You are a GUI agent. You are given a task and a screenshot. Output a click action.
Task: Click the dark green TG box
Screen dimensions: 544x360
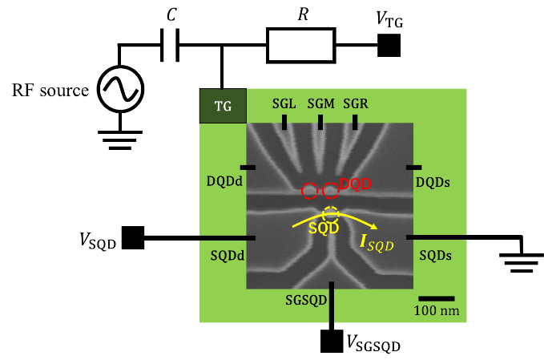pos(223,106)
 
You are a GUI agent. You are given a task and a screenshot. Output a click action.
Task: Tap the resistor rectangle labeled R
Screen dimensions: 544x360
pos(301,46)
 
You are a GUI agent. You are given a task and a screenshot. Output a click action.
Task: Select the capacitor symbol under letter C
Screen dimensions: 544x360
pos(170,45)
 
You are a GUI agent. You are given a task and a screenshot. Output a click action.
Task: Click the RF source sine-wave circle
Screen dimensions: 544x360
pos(120,89)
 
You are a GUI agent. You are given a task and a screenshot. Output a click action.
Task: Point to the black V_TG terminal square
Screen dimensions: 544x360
pos(389,45)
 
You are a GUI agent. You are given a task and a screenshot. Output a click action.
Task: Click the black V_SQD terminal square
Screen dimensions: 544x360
pos(133,238)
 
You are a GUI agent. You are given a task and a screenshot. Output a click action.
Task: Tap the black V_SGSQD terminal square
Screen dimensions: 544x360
pos(332,341)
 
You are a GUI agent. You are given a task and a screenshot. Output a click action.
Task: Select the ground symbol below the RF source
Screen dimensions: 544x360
pos(120,140)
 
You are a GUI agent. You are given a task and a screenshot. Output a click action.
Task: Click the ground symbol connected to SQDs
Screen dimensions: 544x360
pos(522,263)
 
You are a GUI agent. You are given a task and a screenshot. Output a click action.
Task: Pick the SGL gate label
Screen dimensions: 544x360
pos(284,103)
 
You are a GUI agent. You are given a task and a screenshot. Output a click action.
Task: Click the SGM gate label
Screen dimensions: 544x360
pos(321,103)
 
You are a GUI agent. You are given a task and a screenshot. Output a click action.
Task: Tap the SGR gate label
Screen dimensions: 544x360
pos(356,103)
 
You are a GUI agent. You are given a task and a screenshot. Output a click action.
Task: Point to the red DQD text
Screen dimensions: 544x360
pos(355,184)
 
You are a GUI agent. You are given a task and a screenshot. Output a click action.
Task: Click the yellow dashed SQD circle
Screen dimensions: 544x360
pos(331,215)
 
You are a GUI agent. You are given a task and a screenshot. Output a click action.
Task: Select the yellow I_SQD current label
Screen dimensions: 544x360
pos(377,243)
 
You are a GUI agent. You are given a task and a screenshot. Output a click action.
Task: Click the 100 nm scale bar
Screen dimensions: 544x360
pos(437,298)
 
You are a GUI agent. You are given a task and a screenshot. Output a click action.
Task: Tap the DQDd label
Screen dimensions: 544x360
pos(224,181)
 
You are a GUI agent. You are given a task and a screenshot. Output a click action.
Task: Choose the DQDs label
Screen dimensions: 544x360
pos(433,182)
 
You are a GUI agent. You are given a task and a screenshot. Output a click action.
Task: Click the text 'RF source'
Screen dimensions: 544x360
pos(50,91)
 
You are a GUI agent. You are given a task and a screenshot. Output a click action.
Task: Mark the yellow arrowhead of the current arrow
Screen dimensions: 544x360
pos(374,227)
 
